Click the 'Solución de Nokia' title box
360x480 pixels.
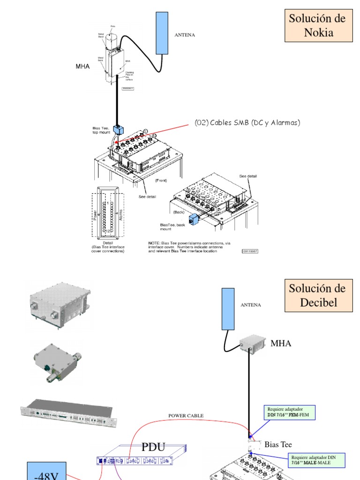pos(318,25)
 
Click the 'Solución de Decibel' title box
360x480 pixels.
pos(318,295)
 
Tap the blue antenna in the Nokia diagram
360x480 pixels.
pos(162,33)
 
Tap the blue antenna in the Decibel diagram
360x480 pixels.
pos(228,309)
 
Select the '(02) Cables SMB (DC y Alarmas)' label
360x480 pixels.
pos(247,123)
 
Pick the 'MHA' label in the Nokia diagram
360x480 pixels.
pos(82,67)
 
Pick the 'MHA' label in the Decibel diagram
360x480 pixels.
pos(281,344)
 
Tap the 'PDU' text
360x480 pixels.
pos(153,447)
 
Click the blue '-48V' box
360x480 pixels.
pos(46,472)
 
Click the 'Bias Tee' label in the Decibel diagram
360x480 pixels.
pos(278,444)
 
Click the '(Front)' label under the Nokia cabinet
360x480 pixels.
pos(161,180)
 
